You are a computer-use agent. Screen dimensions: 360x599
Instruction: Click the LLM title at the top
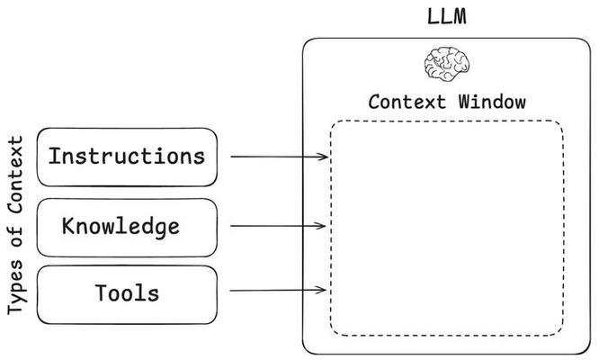pos(447,16)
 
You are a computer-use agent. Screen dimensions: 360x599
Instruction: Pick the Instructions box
pos(127,157)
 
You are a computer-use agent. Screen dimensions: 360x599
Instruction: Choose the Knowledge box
pos(127,226)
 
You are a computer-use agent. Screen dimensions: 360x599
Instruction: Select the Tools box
pos(127,292)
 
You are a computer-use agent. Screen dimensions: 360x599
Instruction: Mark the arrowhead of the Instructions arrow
pos(325,157)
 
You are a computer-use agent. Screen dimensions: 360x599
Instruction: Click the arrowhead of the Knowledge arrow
pos(325,225)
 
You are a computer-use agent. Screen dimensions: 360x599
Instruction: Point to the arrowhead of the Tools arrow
pos(325,291)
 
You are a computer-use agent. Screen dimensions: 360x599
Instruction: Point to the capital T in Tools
pos(101,292)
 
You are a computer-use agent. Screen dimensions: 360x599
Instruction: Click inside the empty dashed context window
pos(447,225)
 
